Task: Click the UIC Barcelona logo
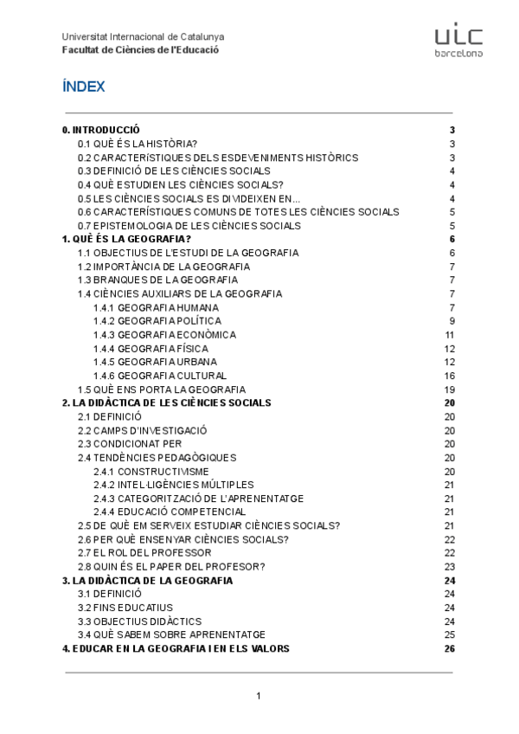[458, 41]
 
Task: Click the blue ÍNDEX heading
[84, 87]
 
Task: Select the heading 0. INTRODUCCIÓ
[100, 130]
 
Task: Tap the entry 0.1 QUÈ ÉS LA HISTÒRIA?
[138, 144]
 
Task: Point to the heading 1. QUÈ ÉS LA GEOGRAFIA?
[126, 239]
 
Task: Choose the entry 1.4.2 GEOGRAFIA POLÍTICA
[156, 321]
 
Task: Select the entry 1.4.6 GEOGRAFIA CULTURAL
[160, 376]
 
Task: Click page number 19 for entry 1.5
[449, 390]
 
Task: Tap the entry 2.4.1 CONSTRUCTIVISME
[151, 472]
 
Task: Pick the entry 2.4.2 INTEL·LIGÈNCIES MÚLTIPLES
[174, 485]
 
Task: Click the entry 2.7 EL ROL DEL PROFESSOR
[144, 553]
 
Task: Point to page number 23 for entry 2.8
[449, 567]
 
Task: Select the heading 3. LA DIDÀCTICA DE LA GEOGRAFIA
[147, 580]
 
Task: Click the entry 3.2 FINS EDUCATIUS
[125, 608]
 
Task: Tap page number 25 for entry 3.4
[449, 634]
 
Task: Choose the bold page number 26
[449, 648]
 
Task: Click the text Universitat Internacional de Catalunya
[143, 37]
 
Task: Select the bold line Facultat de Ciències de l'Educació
[140, 49]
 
